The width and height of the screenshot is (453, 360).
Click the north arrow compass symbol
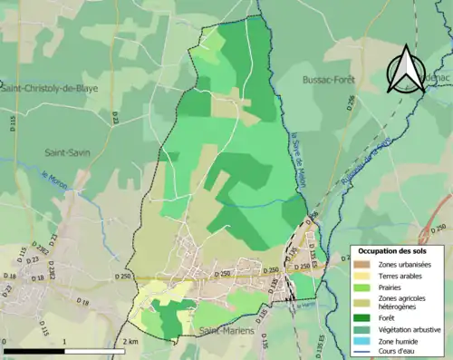[405, 70]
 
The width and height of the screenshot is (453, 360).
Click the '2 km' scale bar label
[130, 342]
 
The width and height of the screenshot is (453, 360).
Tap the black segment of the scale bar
[34, 350]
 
